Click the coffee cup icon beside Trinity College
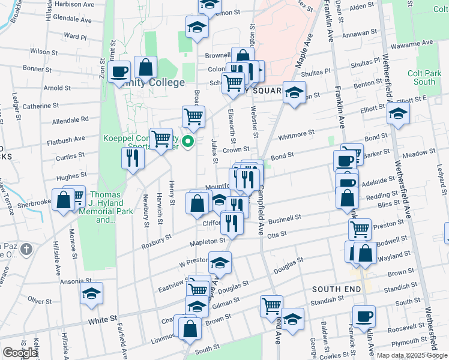(120, 71)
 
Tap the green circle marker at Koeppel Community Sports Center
(188, 142)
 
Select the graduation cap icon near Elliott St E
(398, 112)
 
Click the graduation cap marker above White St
(91, 293)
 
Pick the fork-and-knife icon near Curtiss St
(132, 158)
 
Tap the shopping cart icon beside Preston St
(359, 229)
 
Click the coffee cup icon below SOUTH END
(364, 316)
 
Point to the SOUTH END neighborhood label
(336, 289)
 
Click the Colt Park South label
(424, 77)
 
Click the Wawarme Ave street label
(406, 44)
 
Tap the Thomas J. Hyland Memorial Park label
(104, 207)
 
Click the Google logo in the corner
(20, 353)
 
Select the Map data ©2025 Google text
(412, 355)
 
